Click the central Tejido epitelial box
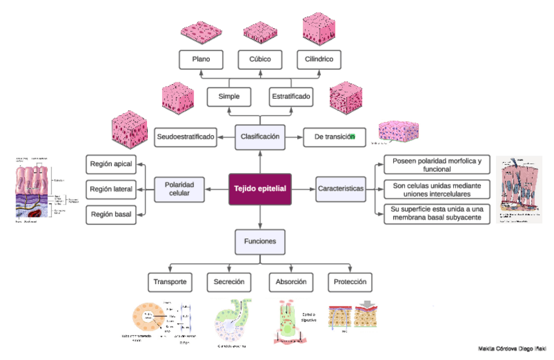tap(261, 189)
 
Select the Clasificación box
tap(260, 137)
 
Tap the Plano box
tap(201, 59)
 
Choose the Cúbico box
tap(260, 59)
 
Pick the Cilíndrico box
tap(319, 59)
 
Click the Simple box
tap(229, 97)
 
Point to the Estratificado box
tap(291, 97)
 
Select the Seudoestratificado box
tap(186, 137)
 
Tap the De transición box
tap(334, 137)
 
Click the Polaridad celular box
tap(178, 189)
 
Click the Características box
tap(340, 189)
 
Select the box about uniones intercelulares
tap(437, 189)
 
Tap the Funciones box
tap(260, 242)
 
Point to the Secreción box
tap(229, 282)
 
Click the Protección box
tap(350, 282)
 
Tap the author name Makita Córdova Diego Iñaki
tap(512, 349)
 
